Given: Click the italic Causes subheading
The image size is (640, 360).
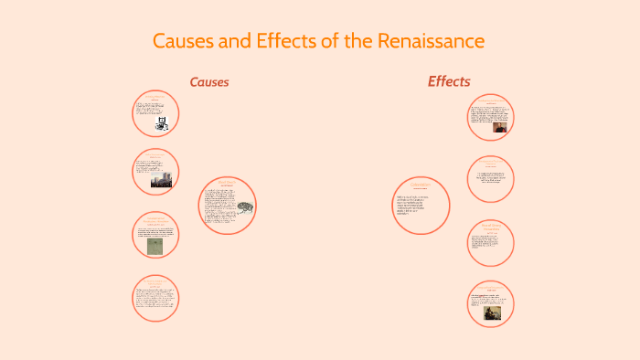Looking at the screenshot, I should pyautogui.click(x=209, y=82).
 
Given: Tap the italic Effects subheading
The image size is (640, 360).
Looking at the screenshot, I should pyautogui.click(x=449, y=81).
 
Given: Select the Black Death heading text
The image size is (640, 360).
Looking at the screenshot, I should pyautogui.click(x=226, y=183).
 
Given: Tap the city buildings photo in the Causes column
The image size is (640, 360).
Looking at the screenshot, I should pyautogui.click(x=161, y=180).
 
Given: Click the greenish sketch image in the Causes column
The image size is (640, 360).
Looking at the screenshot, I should pyautogui.click(x=155, y=245).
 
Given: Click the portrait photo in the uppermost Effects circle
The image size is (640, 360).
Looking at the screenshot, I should pyautogui.click(x=500, y=126).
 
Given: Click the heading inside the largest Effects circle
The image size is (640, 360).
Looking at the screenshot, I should pyautogui.click(x=419, y=185).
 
